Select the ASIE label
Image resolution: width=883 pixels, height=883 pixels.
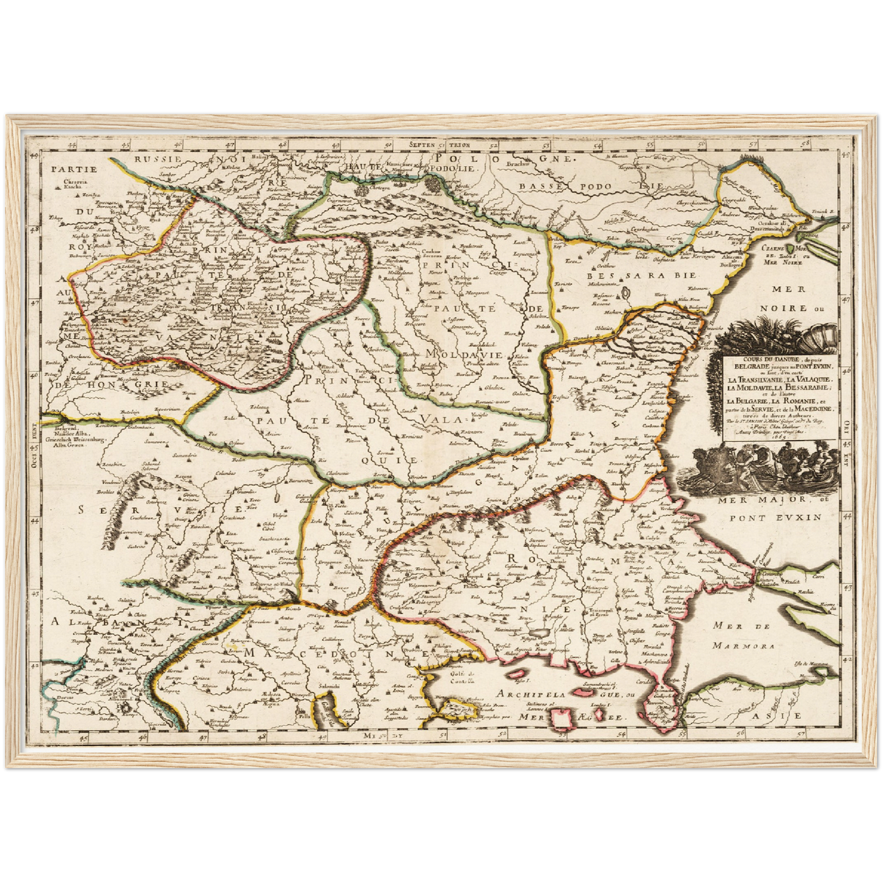pyautogui.click(x=786, y=715)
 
